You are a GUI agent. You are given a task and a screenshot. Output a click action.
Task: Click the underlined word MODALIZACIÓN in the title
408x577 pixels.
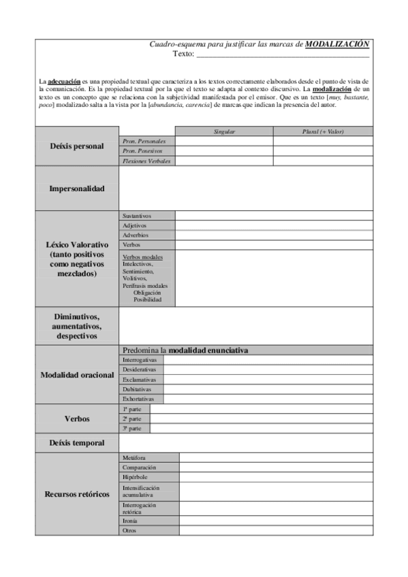337,44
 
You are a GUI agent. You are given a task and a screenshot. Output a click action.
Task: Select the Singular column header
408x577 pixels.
224,131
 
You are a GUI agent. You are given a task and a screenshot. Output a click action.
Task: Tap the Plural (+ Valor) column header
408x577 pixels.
323,131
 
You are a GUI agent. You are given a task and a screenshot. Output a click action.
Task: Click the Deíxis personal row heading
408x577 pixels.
76,146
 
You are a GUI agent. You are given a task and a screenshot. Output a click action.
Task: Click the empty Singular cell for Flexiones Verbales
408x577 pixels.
224,161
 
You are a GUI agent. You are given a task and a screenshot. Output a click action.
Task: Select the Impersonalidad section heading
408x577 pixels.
76,188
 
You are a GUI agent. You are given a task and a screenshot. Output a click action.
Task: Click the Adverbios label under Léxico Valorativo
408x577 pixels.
136,235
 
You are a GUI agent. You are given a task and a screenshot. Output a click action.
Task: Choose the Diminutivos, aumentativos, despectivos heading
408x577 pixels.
76,327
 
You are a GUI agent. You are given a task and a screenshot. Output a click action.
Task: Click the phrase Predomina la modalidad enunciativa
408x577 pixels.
185,350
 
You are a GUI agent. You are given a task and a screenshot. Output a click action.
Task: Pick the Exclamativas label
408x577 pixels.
139,379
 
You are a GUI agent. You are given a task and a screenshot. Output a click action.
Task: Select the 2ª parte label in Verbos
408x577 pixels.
132,419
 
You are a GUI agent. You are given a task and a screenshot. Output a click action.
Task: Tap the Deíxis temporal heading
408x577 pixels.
76,443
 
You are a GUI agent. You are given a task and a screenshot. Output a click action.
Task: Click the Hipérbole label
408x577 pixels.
135,478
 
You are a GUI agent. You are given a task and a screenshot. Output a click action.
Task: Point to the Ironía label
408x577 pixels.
130,520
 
